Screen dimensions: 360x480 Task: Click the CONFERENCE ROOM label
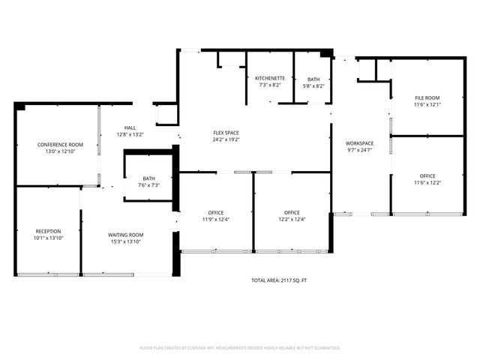coord(61,144)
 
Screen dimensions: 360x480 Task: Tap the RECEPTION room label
coord(48,231)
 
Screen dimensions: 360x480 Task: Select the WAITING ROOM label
coord(125,235)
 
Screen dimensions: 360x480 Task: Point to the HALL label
coord(130,127)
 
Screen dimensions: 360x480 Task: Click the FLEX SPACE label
coord(226,133)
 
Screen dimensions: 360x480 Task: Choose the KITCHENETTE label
coord(268,79)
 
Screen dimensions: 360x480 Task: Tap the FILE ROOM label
coord(427,98)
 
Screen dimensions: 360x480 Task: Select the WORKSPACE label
coord(359,143)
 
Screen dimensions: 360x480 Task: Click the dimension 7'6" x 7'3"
coord(149,185)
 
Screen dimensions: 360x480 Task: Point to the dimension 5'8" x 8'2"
coord(313,86)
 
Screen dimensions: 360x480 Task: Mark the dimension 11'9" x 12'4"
coord(215,220)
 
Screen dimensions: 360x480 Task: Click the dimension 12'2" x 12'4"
coord(292,220)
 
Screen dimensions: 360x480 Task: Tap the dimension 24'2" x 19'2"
coord(226,140)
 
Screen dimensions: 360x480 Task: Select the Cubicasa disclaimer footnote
coord(240,348)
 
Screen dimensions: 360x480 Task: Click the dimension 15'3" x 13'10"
coord(125,242)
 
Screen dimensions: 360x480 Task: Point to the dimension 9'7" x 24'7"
coord(359,151)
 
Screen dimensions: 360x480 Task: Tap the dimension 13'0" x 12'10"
coord(61,151)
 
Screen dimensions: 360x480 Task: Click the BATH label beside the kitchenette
coord(313,79)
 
